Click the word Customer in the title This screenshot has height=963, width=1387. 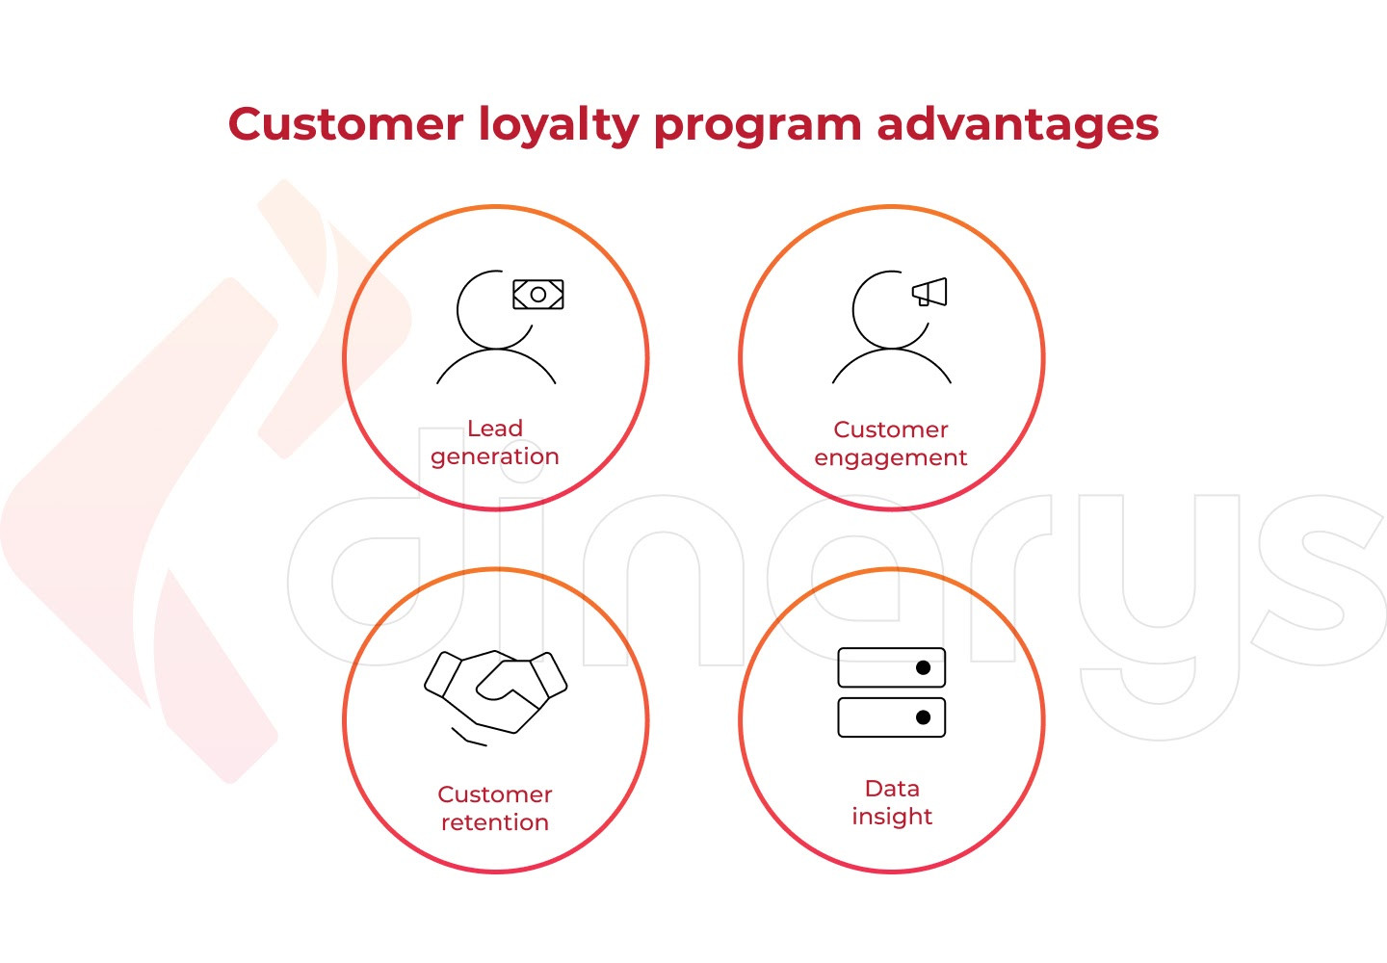coord(346,124)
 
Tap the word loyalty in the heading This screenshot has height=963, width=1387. coord(559,126)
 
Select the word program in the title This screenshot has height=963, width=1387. coord(758,128)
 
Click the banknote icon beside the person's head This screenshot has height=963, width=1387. coord(538,294)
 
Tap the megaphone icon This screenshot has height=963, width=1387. coord(930,292)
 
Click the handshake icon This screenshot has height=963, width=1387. coord(495,697)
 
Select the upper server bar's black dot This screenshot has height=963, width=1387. coord(923,667)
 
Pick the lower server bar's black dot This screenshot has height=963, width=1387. coord(923,717)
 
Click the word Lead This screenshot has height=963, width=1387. coord(495,429)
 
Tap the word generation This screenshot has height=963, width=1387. coord(495,457)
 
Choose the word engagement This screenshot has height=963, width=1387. coord(890,458)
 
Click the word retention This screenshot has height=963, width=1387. coord(495,822)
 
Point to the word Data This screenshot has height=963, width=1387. coord(892,789)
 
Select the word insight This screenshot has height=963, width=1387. coord(892,817)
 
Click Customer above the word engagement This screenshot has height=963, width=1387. coord(890,429)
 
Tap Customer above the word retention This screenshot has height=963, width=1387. coord(495,794)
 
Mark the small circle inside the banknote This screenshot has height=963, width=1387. coord(538,295)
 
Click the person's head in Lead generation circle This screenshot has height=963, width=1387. coord(458,309)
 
